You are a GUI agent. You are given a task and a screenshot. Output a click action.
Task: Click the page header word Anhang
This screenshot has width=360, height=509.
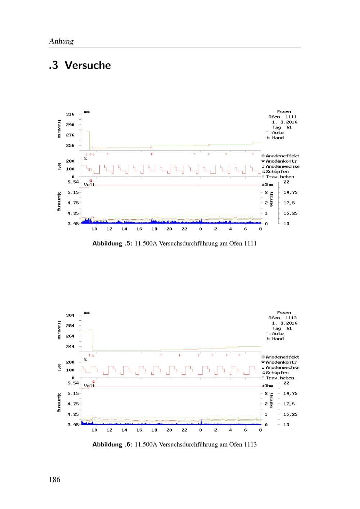tap(61, 41)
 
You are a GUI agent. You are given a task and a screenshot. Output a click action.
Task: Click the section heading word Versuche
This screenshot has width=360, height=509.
tap(88, 66)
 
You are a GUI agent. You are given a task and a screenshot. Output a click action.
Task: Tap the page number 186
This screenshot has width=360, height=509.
tap(55, 479)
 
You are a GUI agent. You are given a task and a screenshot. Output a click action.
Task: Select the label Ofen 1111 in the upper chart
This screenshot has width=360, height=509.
tap(282, 117)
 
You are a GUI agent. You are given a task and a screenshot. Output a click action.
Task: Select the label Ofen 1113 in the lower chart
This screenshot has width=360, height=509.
tap(282, 318)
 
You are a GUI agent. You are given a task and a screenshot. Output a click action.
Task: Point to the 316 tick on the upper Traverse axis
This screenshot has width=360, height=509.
tap(70, 114)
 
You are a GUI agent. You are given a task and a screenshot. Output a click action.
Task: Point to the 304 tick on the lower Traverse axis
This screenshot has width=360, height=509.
tap(70, 315)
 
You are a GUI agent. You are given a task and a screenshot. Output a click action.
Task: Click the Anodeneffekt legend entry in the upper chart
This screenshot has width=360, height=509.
tap(282, 156)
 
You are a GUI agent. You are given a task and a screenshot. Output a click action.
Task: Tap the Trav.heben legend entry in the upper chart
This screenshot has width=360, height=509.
tap(280, 177)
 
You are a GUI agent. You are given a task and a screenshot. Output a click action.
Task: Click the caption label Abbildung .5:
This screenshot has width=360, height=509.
tap(113, 243)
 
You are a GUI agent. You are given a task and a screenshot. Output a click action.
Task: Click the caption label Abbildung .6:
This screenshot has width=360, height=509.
tap(113, 445)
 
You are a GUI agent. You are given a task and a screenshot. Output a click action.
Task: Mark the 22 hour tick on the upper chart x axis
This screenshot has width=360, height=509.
tap(184, 229)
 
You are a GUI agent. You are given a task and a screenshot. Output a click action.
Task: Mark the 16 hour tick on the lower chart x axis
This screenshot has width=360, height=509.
tap(139, 430)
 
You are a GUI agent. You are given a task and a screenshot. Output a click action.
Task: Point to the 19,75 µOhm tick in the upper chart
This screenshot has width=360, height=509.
tap(291, 192)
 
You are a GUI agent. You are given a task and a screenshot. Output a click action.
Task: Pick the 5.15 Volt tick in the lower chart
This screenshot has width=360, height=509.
tap(73, 393)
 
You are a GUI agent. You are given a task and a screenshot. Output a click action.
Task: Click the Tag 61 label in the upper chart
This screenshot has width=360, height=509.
tap(282, 127)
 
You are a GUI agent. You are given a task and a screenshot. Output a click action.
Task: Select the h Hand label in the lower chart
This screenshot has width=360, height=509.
tap(275, 339)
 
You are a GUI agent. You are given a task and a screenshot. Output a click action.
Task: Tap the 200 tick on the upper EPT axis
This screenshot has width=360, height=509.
tap(70, 161)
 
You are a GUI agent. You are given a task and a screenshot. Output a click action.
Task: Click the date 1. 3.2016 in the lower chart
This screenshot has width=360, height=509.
tap(284, 323)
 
